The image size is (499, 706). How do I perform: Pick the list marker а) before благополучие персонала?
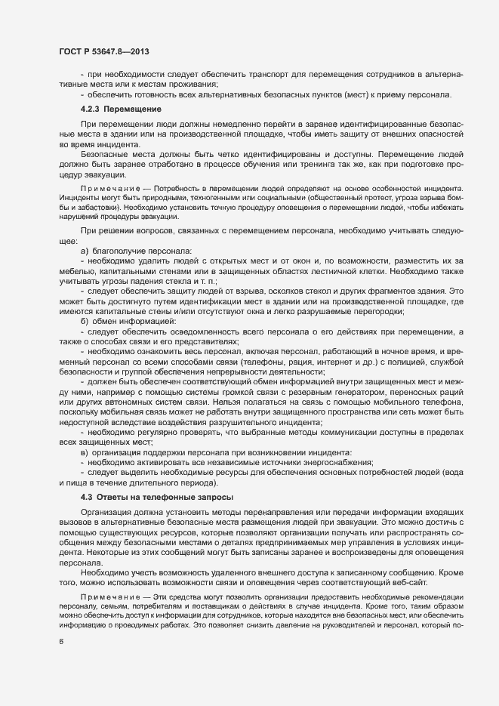[x=85, y=251]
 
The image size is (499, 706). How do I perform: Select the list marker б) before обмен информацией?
[x=85, y=322]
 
